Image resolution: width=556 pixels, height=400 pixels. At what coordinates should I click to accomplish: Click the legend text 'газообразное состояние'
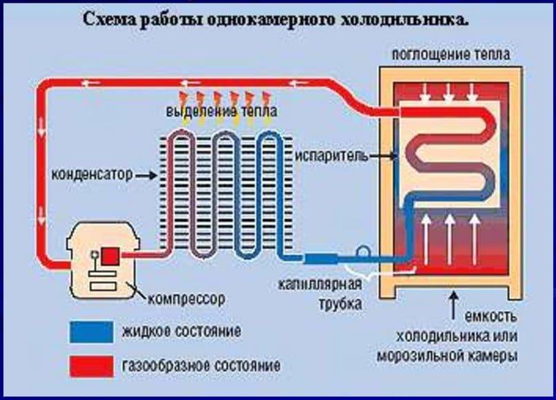201,363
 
